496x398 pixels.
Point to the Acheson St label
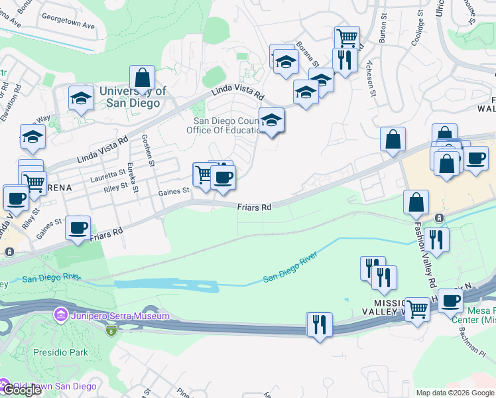tap(372, 84)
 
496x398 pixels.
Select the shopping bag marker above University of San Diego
tap(142, 78)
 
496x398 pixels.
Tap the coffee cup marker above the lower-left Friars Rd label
tap(78, 228)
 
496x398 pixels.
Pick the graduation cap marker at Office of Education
tap(271, 121)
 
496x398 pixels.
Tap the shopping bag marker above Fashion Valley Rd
tap(416, 203)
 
